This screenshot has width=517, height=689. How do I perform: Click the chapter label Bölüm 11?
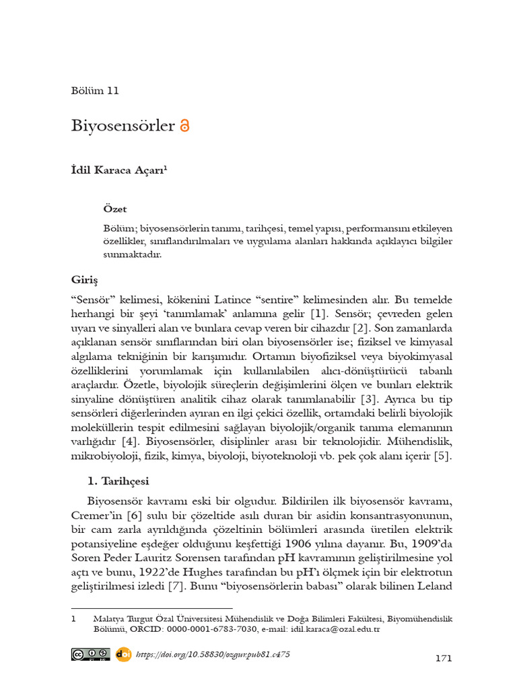[95, 91]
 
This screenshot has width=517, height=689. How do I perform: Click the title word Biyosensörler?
[123, 126]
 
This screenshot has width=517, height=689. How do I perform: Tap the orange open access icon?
[186, 126]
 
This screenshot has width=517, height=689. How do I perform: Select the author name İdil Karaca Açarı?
[118, 172]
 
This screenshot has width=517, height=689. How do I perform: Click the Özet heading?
[115, 209]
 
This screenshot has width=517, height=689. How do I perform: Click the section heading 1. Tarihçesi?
[118, 481]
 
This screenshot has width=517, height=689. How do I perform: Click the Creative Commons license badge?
[91, 654]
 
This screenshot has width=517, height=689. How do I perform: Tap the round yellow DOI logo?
[123, 654]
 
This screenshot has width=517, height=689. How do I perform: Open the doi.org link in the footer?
[213, 654]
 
